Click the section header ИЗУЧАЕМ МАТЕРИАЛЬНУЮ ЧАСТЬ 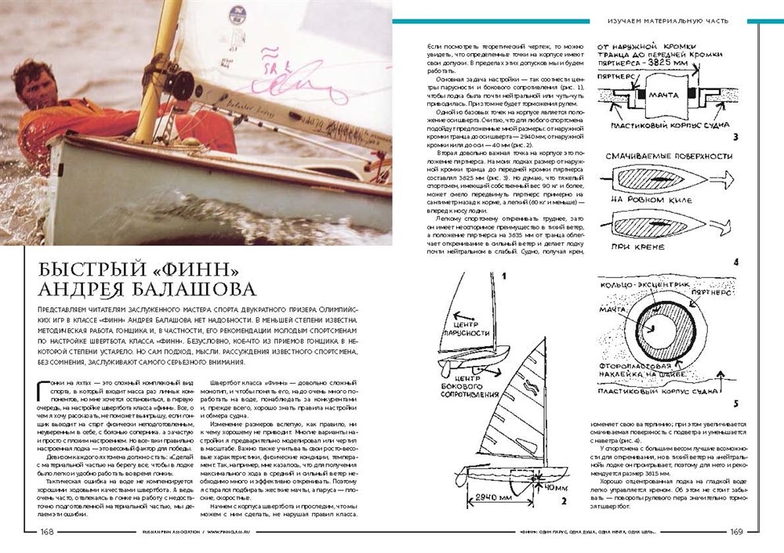(668, 19)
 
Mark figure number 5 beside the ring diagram (735, 403)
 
